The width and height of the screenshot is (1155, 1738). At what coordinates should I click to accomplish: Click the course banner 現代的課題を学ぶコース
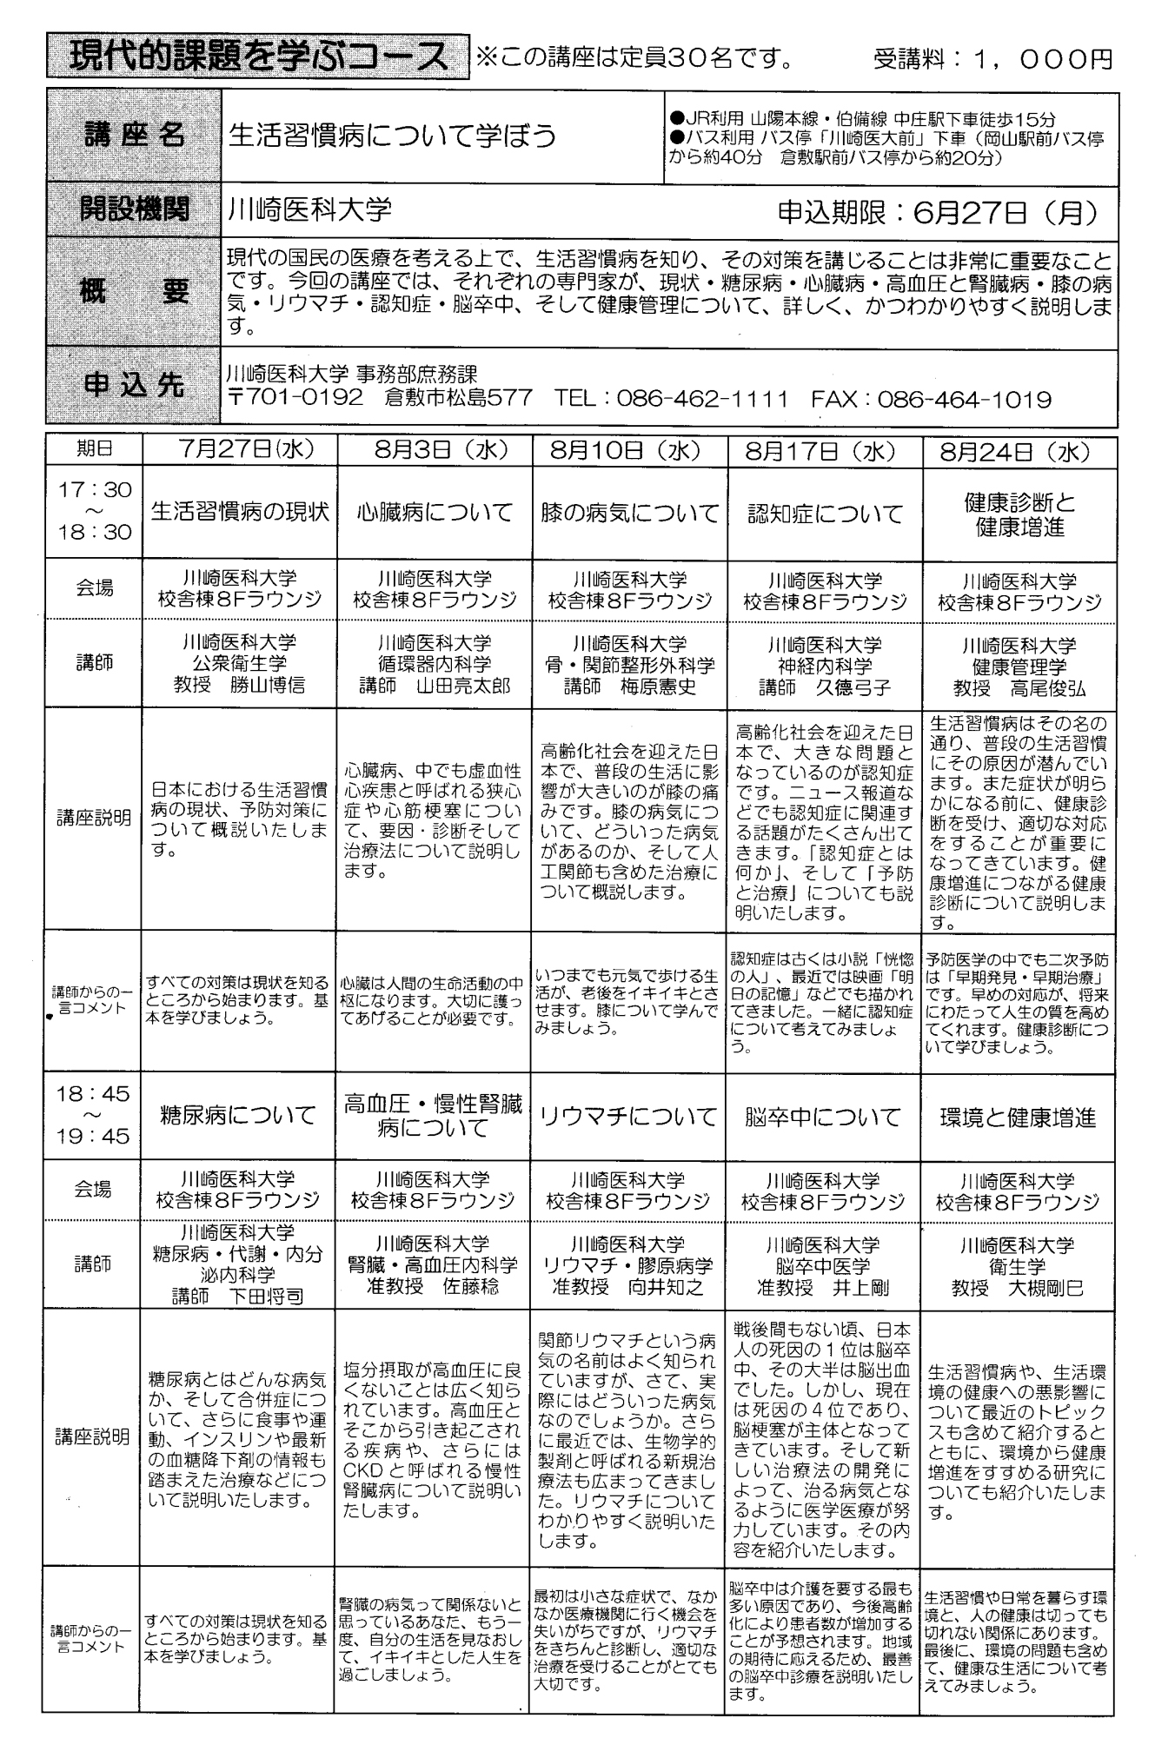[257, 57]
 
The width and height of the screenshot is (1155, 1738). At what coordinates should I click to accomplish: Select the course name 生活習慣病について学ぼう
[391, 136]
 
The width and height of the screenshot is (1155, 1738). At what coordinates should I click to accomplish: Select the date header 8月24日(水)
[1018, 452]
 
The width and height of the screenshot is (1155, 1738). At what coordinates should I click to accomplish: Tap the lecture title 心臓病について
[435, 512]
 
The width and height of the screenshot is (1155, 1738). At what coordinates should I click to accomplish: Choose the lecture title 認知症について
[825, 514]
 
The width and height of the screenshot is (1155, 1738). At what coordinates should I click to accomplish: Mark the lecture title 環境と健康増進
[1018, 1118]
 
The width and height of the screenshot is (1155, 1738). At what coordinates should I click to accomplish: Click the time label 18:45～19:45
[93, 1115]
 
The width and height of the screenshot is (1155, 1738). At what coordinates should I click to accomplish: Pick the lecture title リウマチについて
[629, 1117]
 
